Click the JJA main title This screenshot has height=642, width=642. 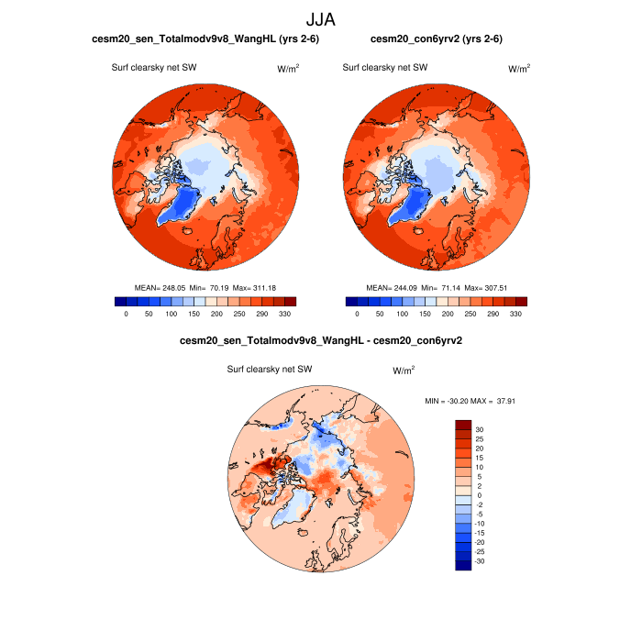[x=321, y=18]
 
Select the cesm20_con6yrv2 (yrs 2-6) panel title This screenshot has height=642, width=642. [x=436, y=39]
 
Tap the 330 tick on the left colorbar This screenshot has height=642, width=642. [x=285, y=314]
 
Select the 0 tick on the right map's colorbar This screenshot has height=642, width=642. [x=357, y=314]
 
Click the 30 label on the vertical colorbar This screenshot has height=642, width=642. [x=480, y=429]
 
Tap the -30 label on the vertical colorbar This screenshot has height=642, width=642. [x=480, y=560]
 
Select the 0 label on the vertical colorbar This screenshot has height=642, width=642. [x=480, y=495]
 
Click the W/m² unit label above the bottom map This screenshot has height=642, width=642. [x=404, y=371]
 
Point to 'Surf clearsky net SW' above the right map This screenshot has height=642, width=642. [x=385, y=67]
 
